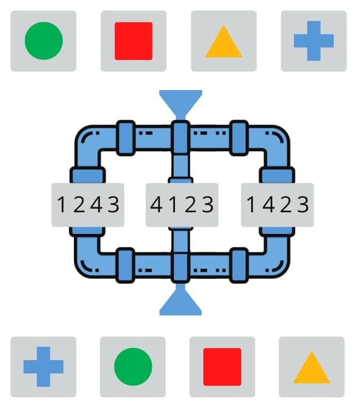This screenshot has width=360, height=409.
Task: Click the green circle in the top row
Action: (x=44, y=41)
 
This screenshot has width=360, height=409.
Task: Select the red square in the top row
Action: (x=133, y=41)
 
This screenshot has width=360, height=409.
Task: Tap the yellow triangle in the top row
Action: (x=224, y=41)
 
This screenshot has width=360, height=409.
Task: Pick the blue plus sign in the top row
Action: (x=314, y=41)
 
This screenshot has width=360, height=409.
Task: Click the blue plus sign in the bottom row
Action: (x=43, y=367)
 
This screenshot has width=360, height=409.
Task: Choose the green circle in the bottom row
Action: (x=133, y=367)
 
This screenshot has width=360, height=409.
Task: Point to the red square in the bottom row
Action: (x=222, y=367)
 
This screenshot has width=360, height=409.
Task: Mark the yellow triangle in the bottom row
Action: (x=312, y=367)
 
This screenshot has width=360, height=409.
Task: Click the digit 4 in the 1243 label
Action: (x=97, y=205)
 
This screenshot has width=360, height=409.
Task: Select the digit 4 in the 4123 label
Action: (x=157, y=205)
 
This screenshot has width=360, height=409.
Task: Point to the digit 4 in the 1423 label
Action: (x=268, y=205)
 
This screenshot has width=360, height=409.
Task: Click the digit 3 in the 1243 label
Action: (x=114, y=205)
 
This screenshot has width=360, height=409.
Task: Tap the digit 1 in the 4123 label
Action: (x=173, y=205)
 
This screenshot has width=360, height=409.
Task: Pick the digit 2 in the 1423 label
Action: (x=286, y=205)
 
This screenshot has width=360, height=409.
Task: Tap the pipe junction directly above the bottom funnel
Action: (x=181, y=267)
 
